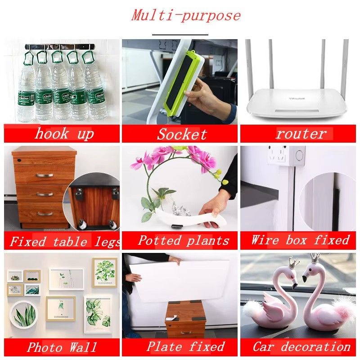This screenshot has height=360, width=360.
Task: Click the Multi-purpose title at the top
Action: [x=186, y=16]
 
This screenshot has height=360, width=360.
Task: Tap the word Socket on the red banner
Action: [x=182, y=134]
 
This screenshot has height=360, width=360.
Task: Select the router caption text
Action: [x=301, y=134]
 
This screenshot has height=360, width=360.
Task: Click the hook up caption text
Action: [x=64, y=134]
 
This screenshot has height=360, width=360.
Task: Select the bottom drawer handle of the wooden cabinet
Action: [x=45, y=214]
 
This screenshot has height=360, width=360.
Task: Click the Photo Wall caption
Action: [x=62, y=347]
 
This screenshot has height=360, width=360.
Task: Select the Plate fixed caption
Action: [x=185, y=346]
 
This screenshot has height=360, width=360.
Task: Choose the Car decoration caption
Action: [x=301, y=346]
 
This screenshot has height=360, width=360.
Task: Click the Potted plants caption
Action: [x=184, y=241]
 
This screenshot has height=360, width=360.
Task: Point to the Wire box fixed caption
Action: [x=300, y=240]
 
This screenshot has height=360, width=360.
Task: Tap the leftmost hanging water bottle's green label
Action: [x=27, y=98]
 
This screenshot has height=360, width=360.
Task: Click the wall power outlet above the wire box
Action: [x=278, y=155]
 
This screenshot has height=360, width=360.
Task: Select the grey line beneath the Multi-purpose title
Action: [x=180, y=35]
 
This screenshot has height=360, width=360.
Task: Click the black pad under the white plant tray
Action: [x=177, y=227]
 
